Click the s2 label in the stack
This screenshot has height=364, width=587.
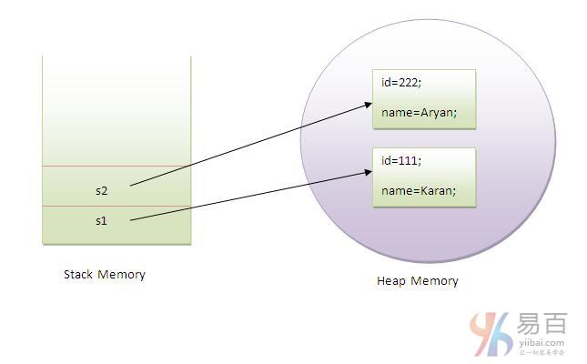coord(101,191)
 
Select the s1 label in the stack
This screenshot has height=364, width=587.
coord(101,221)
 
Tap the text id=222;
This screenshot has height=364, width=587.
coord(401,83)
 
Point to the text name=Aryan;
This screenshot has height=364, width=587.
coord(419,113)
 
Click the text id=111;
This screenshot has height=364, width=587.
coord(401,161)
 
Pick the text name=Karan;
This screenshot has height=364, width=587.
coord(419,191)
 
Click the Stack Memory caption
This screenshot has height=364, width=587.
coord(104,274)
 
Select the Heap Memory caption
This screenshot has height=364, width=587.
coord(417,280)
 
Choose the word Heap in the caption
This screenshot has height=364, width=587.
coord(391,280)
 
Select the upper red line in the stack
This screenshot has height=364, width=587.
coord(116,167)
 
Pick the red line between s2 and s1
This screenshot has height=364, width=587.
coord(116,207)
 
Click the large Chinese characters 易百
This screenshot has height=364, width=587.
coord(543,324)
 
